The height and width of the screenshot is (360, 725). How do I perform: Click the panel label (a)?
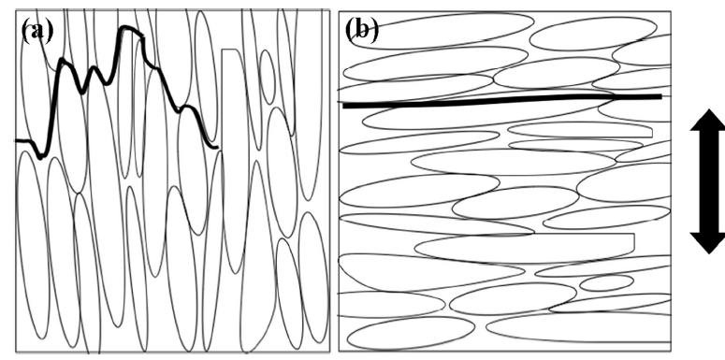pos(37,32)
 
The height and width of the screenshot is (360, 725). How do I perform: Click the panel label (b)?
pos(362,31)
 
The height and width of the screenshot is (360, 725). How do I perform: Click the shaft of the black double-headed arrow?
pos(709,181)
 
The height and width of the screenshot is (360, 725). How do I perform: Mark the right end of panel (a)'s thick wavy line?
pos(217,148)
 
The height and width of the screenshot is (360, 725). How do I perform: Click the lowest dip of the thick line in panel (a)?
pos(40,157)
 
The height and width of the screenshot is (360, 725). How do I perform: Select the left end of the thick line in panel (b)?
pos(344,106)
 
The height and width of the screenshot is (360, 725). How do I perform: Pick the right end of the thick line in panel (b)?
pos(660,96)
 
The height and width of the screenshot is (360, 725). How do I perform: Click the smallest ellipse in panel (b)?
pos(606,282)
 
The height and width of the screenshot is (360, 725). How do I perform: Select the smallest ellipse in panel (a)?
pos(268,78)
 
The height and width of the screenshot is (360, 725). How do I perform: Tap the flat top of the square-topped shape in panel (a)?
pos(231,50)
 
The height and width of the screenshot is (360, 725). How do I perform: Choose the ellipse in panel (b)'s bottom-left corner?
pos(411,333)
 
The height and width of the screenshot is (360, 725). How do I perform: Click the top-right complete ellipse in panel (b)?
pos(593,34)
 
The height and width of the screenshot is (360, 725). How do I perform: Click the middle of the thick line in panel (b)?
pos(502,100)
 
